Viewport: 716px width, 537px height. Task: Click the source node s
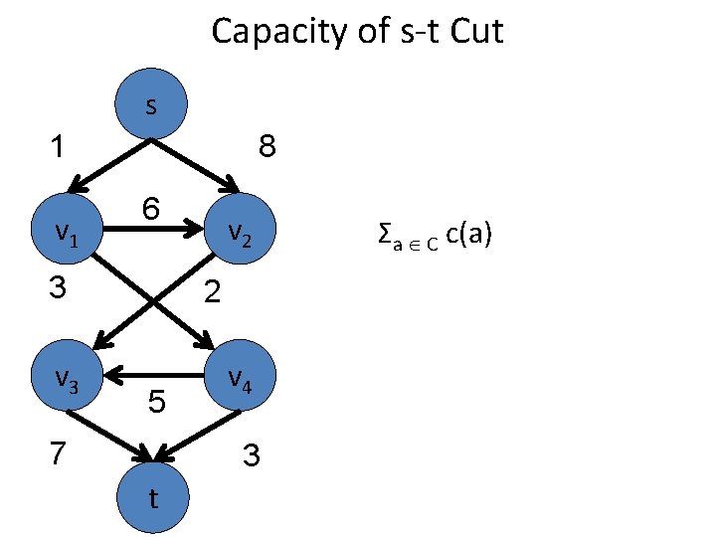coord(150,105)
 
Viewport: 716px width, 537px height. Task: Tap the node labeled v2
coord(239,233)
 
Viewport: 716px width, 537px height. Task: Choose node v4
coord(239,376)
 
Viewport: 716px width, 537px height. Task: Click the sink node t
coord(150,497)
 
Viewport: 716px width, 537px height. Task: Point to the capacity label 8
coord(268,148)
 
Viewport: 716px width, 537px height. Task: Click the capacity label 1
coord(59,148)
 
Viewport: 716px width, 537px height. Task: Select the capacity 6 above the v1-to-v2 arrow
coord(151,209)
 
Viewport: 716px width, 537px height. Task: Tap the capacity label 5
coord(156,403)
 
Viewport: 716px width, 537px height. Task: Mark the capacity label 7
coord(59,454)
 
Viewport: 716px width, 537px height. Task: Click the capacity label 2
coord(211,292)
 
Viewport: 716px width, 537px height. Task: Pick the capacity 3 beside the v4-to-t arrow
coord(252,456)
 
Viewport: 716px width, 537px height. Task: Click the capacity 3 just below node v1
coord(59,289)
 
